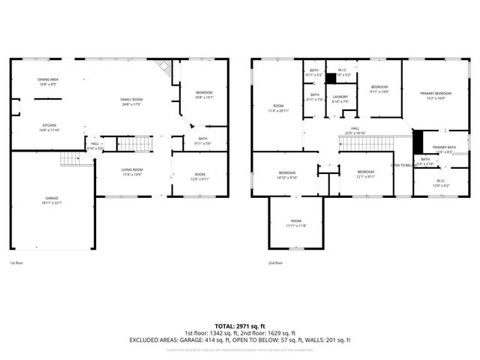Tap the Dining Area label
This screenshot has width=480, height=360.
click(49, 79)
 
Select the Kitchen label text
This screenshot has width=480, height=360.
click(49, 125)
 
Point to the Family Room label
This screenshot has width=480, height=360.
click(132, 99)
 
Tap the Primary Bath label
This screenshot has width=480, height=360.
click(444, 147)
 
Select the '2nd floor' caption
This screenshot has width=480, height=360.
click(275, 263)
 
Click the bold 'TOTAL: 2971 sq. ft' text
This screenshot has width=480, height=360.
click(239, 326)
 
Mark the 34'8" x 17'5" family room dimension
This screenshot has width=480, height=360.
click(132, 103)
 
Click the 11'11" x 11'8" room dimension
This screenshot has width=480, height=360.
click(296, 225)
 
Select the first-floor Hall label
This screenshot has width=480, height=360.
click(95, 143)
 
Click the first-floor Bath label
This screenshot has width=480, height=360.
click(202, 138)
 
